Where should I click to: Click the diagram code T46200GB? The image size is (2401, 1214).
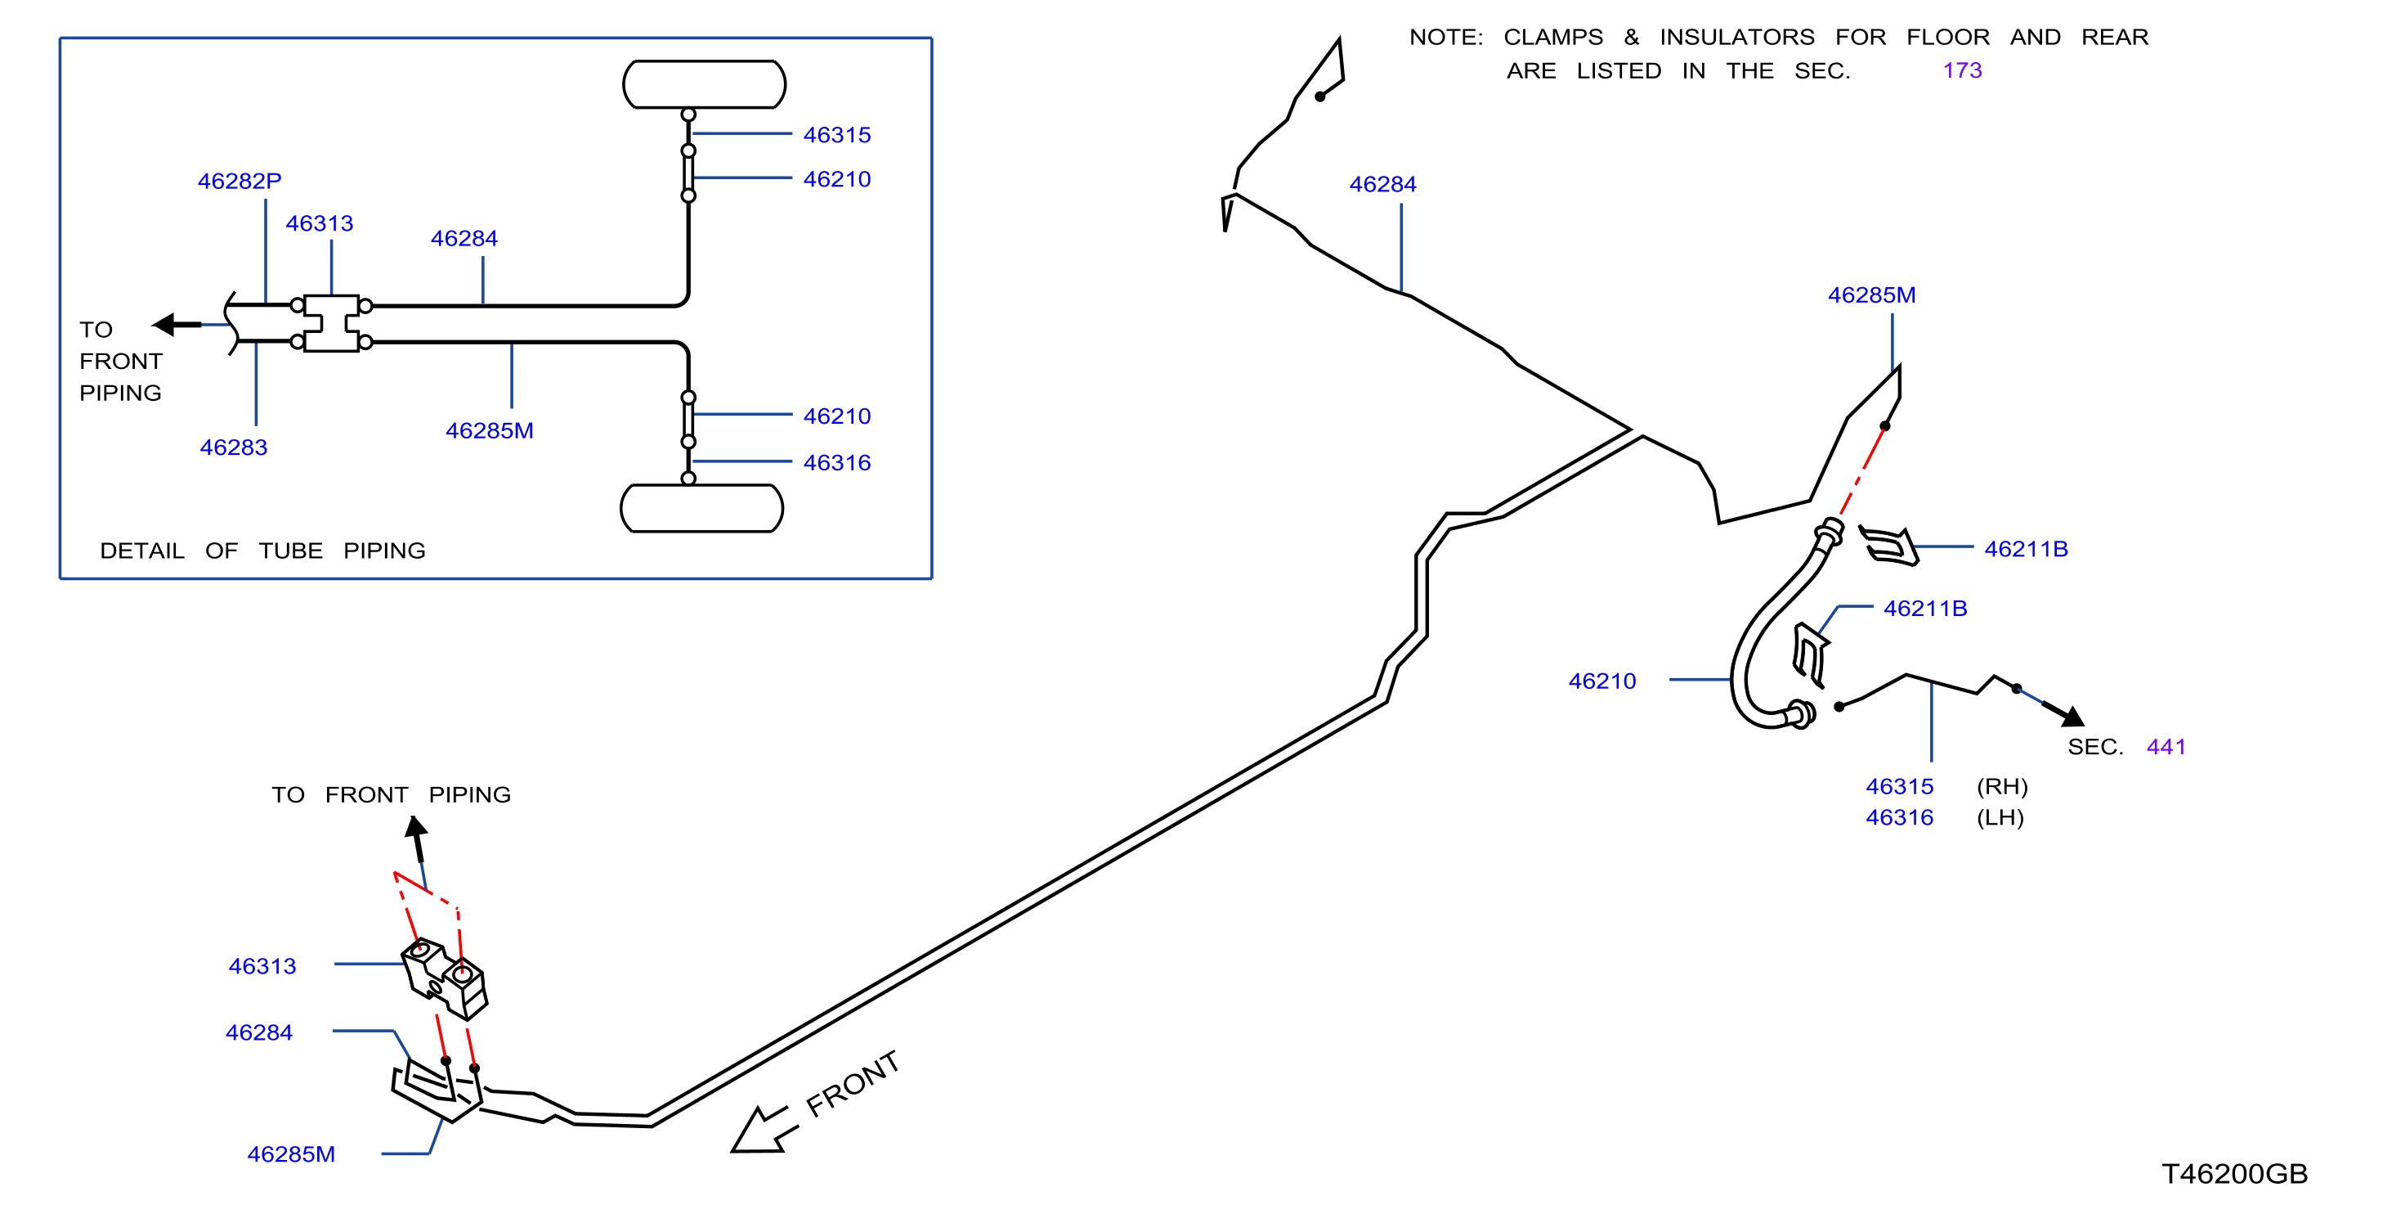point(2234,1174)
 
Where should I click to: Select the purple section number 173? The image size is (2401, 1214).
point(1962,71)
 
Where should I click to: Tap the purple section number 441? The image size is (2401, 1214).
point(2166,747)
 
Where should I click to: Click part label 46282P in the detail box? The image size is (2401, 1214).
point(240,181)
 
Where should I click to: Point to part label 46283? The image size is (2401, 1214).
point(233,447)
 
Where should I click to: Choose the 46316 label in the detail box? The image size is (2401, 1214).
point(837,462)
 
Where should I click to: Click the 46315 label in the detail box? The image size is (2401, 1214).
point(837,135)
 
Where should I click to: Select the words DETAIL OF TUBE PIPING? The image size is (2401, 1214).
point(263,551)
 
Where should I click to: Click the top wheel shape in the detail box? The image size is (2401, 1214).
point(705,85)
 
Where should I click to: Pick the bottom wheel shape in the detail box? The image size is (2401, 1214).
point(702,508)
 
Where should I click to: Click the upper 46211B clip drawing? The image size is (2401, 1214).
point(1888,546)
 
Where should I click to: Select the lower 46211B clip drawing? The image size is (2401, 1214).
point(1810,654)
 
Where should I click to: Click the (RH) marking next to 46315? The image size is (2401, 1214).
point(2002,787)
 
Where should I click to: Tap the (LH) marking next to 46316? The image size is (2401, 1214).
point(2000,818)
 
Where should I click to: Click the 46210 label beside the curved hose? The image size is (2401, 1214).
point(1602,681)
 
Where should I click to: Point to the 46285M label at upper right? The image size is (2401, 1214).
point(1871,295)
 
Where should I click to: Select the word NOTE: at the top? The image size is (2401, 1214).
point(1445,38)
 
